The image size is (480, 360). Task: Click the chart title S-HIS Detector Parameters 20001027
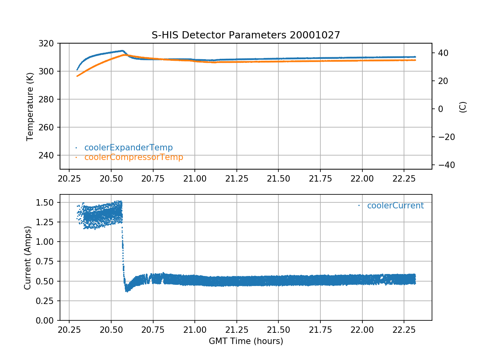[x=246, y=35]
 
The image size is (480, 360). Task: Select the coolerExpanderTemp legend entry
[x=128, y=148]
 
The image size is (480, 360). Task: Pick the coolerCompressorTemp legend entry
[x=134, y=157]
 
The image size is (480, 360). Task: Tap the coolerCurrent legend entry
[x=395, y=206]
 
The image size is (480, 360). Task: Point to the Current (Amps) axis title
[x=27, y=258]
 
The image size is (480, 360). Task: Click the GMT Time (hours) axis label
[x=246, y=341]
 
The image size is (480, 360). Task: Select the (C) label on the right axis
[x=463, y=107]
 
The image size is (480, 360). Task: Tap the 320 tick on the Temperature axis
[x=49, y=43]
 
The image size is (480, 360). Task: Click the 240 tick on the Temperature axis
[x=49, y=155]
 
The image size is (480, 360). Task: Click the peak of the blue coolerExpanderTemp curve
[x=122, y=51]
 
